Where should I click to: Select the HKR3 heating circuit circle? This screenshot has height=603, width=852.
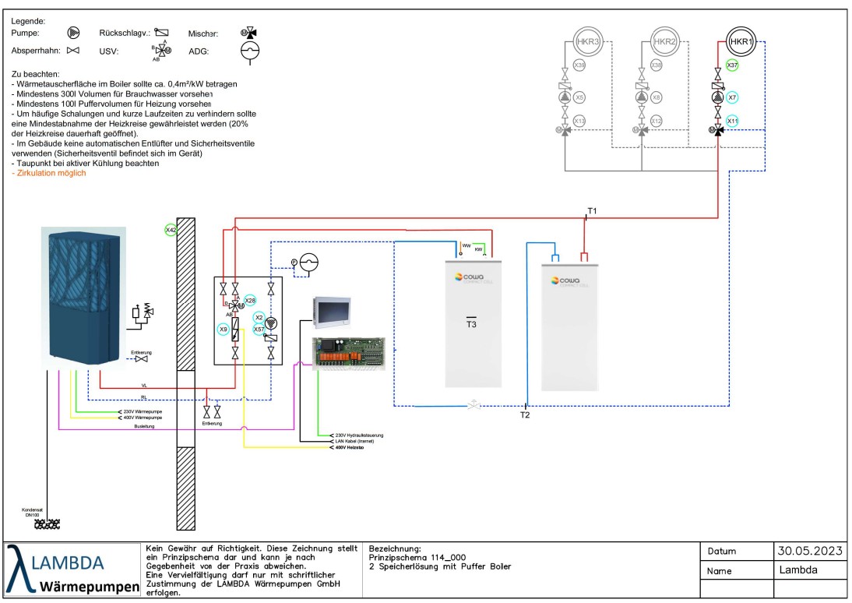click(x=586, y=41)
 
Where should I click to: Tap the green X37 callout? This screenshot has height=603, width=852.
click(x=732, y=65)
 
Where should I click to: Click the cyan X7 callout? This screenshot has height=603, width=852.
click(x=732, y=98)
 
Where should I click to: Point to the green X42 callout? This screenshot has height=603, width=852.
click(x=171, y=230)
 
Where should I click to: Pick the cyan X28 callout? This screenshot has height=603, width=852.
click(x=250, y=300)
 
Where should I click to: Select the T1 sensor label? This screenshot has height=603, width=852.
click(x=592, y=211)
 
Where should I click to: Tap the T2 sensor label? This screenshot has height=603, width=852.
click(x=525, y=415)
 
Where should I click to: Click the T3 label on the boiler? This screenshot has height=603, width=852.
click(x=472, y=324)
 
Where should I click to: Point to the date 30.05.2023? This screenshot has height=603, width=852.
click(x=810, y=551)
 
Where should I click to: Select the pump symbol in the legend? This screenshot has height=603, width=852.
click(x=72, y=33)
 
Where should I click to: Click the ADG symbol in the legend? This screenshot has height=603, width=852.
click(x=250, y=51)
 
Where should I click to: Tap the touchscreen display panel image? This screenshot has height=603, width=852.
click(x=333, y=312)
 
